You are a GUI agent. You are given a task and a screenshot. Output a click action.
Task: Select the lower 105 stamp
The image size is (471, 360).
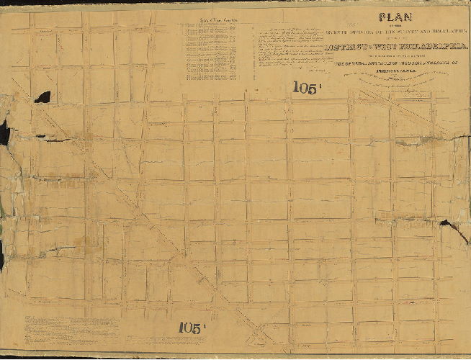click(x=192, y=328)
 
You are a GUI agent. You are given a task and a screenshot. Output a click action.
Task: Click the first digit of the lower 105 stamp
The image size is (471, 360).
click(x=182, y=328)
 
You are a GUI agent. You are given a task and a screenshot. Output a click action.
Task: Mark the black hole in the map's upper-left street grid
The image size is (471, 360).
click(x=43, y=96)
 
